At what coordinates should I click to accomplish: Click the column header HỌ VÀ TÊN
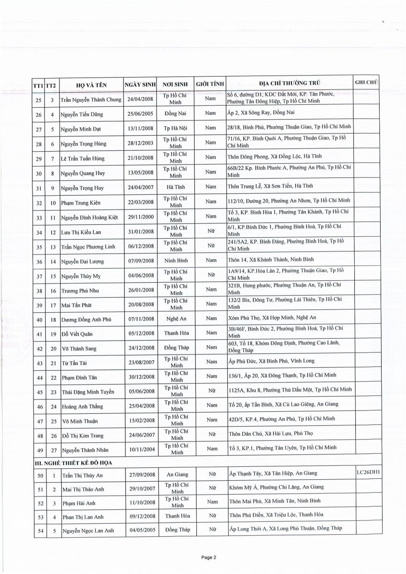[91, 86]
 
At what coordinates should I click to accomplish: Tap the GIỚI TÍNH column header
[210, 84]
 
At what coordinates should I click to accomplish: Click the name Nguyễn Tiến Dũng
[82, 114]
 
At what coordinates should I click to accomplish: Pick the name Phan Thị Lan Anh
[83, 518]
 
